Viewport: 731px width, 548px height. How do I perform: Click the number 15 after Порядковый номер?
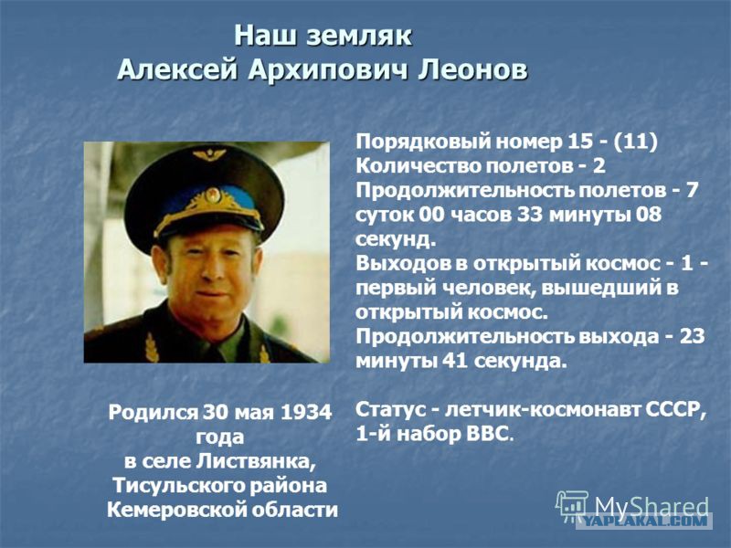tap(580, 142)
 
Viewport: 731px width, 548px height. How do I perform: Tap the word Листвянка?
tap(253, 461)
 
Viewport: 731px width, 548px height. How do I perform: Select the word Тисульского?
tap(176, 486)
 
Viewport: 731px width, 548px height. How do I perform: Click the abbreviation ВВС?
tap(486, 434)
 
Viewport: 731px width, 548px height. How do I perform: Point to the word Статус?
tap(391, 409)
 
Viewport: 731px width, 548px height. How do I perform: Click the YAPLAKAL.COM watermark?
tap(645, 521)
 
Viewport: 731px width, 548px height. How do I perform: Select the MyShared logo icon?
tap(573, 505)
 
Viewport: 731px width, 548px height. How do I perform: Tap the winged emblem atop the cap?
tap(209, 154)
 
